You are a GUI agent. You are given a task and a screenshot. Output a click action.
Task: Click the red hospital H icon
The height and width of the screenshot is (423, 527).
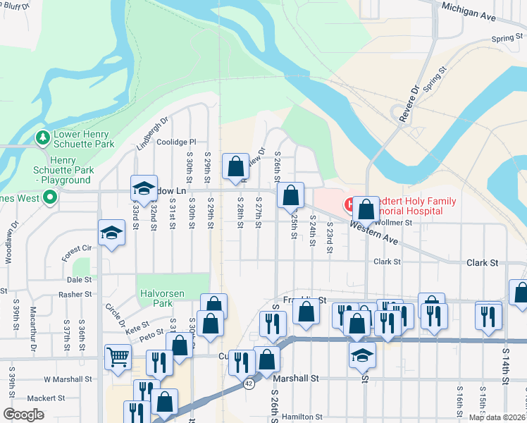(x=349, y=205)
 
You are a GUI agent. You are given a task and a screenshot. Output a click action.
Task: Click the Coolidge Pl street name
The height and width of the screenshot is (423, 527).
(x=176, y=142)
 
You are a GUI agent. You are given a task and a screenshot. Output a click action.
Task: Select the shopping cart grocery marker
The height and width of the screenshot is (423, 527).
(x=118, y=356)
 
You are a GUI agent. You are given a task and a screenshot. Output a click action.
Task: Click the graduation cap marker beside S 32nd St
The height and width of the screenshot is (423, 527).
(x=143, y=188)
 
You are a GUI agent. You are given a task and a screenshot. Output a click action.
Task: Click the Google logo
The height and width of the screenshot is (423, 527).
(x=23, y=415)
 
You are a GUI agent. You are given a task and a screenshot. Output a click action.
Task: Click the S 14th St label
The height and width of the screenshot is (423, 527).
(x=505, y=365)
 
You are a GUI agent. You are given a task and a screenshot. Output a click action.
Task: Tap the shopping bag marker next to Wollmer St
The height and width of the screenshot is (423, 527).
(x=366, y=209)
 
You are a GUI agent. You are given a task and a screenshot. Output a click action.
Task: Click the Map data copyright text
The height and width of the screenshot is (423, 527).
(x=497, y=417)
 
